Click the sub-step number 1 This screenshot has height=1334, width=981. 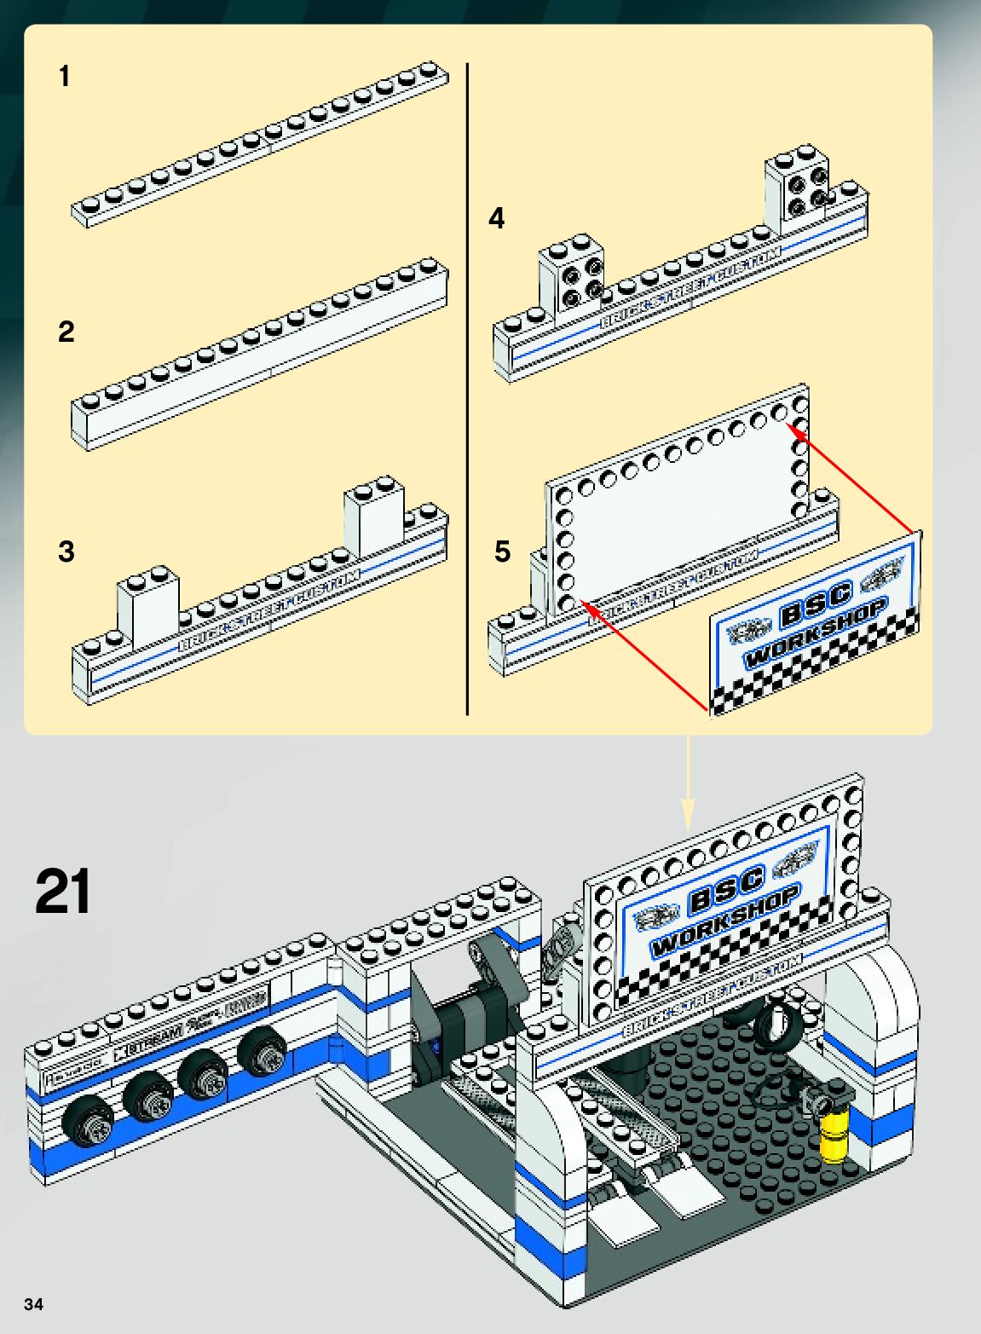tap(64, 77)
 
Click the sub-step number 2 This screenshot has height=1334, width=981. tap(66, 332)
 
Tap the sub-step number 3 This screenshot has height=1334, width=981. tap(66, 552)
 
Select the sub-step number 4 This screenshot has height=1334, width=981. tap(496, 219)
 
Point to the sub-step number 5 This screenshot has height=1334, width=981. tap(503, 552)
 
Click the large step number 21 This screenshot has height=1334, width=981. tap(63, 892)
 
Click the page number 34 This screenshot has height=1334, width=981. tap(33, 1304)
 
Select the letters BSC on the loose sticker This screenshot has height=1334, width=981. tap(816, 602)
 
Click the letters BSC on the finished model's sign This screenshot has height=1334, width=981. tap(726, 892)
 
